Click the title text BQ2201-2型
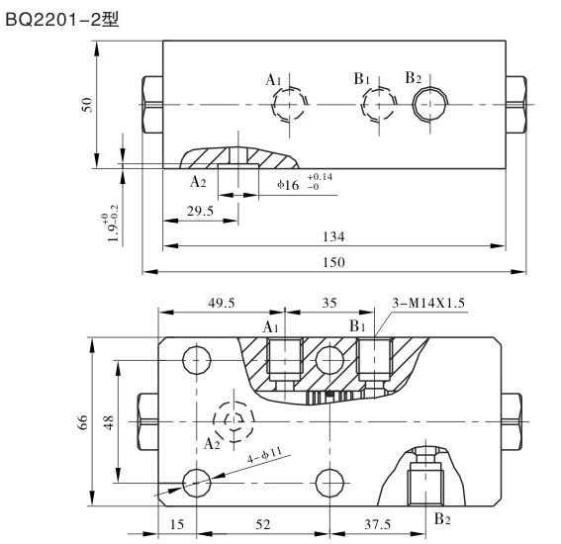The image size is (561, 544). (x=61, y=17)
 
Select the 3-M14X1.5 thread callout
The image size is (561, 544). (x=429, y=305)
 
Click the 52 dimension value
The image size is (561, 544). (x=261, y=525)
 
